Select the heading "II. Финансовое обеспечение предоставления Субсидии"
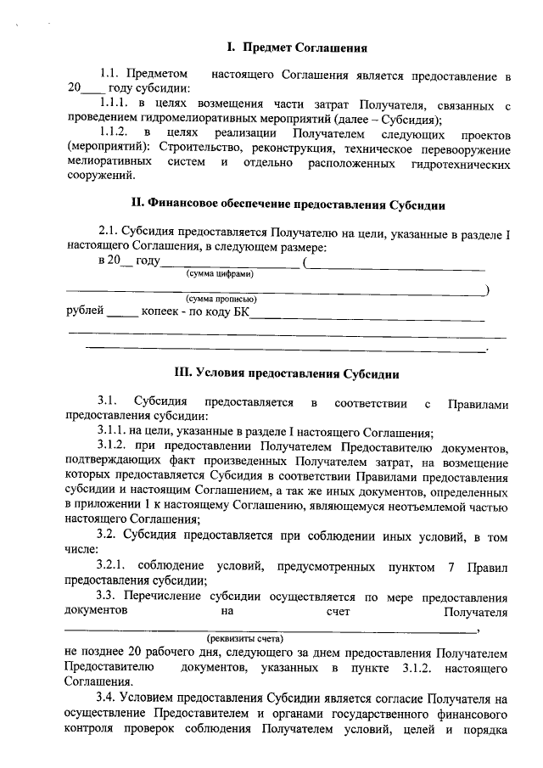(x=288, y=205)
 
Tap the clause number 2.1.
(x=109, y=231)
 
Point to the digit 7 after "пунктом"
(x=444, y=566)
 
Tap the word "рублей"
(x=85, y=311)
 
